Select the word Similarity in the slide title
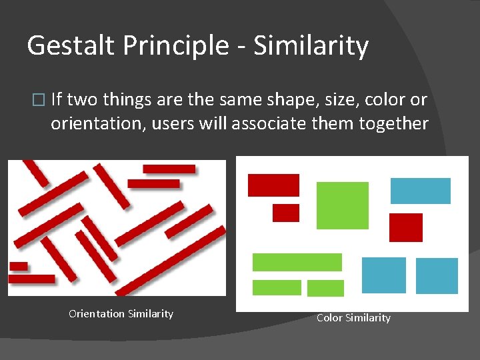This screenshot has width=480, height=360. (311, 46)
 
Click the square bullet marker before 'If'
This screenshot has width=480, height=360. (37, 101)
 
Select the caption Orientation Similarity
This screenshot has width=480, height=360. (121, 314)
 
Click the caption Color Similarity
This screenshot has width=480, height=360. (353, 318)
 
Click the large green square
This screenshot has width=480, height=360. (342, 205)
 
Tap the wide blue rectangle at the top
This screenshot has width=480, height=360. (420, 191)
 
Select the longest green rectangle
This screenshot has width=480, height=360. (297, 262)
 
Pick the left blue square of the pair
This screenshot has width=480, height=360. (383, 275)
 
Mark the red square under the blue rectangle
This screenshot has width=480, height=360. (405, 227)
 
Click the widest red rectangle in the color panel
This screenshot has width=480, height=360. (273, 185)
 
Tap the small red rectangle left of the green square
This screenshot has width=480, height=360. (285, 213)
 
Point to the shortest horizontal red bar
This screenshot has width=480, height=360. (19, 266)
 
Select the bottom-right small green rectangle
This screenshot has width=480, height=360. (325, 288)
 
